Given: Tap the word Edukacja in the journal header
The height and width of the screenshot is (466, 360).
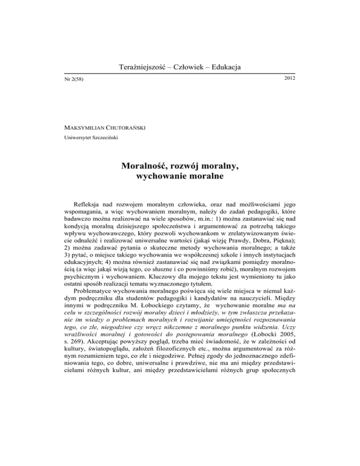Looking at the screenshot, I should [222, 68].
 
